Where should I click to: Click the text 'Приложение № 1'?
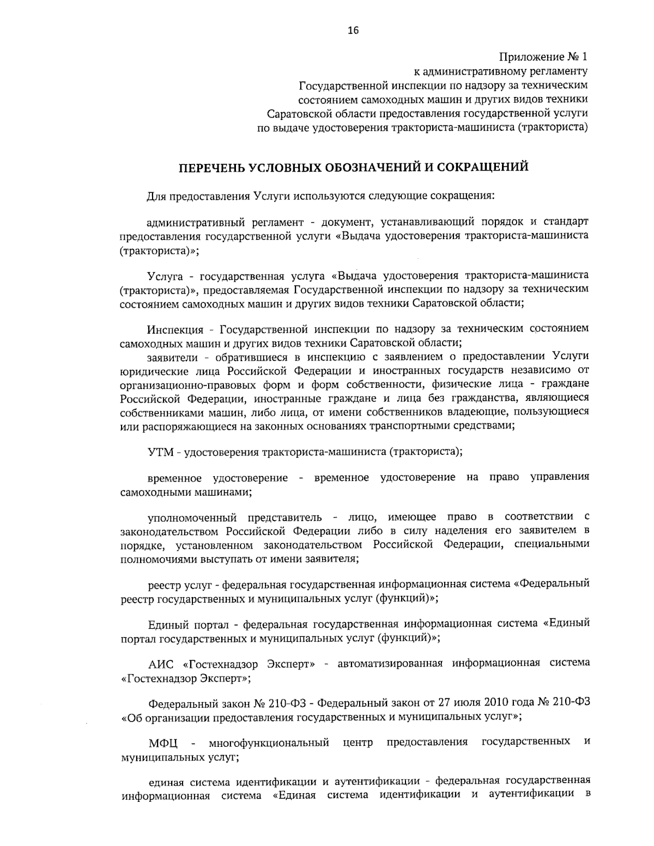coord(544,57)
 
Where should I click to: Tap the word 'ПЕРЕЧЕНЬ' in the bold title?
coord(210,167)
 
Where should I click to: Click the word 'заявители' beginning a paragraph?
coord(173,357)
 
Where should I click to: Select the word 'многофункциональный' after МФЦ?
coord(269,742)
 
